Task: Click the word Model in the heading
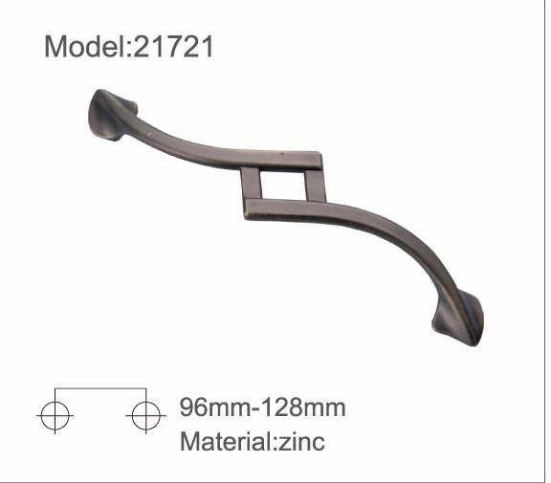click(84, 47)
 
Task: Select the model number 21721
click(173, 47)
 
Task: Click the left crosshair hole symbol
click(55, 415)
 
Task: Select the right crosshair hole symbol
click(145, 415)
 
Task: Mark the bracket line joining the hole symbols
click(100, 388)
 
